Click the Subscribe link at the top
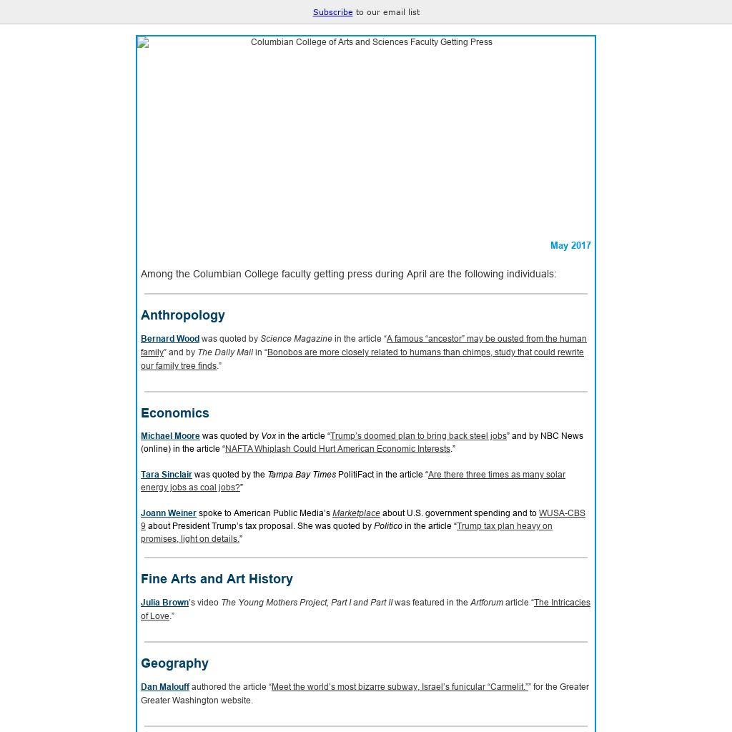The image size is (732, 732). click(x=332, y=12)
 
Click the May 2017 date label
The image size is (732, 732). click(x=570, y=245)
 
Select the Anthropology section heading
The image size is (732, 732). click(x=183, y=315)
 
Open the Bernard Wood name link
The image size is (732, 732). click(x=170, y=339)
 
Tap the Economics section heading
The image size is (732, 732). click(x=175, y=413)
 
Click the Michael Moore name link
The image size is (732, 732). click(x=170, y=436)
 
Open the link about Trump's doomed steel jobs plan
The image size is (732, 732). click(x=418, y=436)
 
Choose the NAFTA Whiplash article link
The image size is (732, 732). click(x=337, y=449)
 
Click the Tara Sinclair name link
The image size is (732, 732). click(x=167, y=475)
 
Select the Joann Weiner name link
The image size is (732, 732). click(x=169, y=513)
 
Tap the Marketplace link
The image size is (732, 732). click(x=356, y=513)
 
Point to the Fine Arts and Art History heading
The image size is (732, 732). click(x=217, y=579)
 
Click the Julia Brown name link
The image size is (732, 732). click(x=164, y=603)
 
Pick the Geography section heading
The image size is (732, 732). click(x=174, y=663)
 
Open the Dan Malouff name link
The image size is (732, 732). click(x=165, y=687)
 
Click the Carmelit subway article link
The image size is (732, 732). click(x=400, y=687)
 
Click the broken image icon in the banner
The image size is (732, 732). click(x=144, y=43)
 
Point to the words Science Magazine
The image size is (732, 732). click(x=296, y=339)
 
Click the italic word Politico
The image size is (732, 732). click(x=388, y=526)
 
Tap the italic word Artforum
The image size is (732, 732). click(x=486, y=603)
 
